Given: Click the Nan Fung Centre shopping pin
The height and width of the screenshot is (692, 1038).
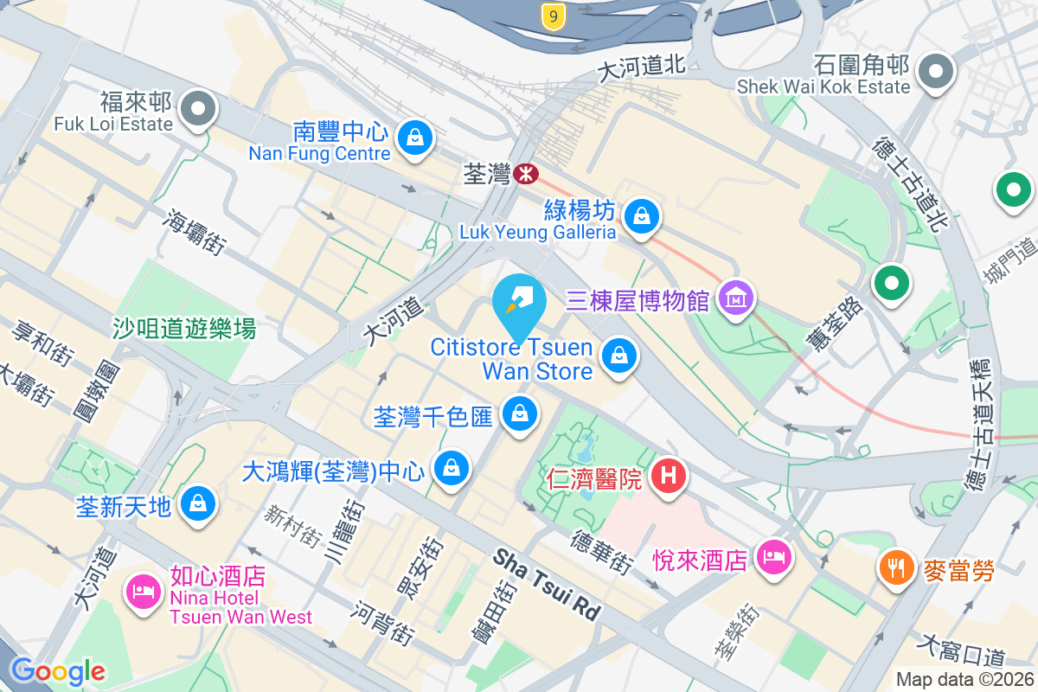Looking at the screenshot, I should pos(415,137).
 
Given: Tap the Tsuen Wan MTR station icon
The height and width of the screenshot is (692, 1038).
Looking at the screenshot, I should pos(525,175).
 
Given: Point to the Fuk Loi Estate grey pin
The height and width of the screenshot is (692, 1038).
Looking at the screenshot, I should pos(199,109).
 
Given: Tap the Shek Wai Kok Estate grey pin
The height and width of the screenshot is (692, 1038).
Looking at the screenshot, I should pos(935,69).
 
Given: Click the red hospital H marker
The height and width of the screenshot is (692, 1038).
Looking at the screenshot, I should pos(668,474).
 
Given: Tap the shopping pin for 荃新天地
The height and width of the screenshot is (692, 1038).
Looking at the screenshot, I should pos(198,502).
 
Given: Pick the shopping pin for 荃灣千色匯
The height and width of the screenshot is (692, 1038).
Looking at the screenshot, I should pos(519,413).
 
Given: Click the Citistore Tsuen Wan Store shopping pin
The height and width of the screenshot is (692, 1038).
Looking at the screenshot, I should pos(618,355).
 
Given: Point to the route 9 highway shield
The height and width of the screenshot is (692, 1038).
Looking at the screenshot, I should pos(554,15).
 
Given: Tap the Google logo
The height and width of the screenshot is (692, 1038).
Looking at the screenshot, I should pos(57,671).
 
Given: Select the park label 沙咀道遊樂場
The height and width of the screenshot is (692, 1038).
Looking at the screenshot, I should pos(184,328).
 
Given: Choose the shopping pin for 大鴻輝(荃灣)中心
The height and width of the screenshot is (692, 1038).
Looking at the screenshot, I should pos(451,469).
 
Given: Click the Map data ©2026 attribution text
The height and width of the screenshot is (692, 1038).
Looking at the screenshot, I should pos(964,680).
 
